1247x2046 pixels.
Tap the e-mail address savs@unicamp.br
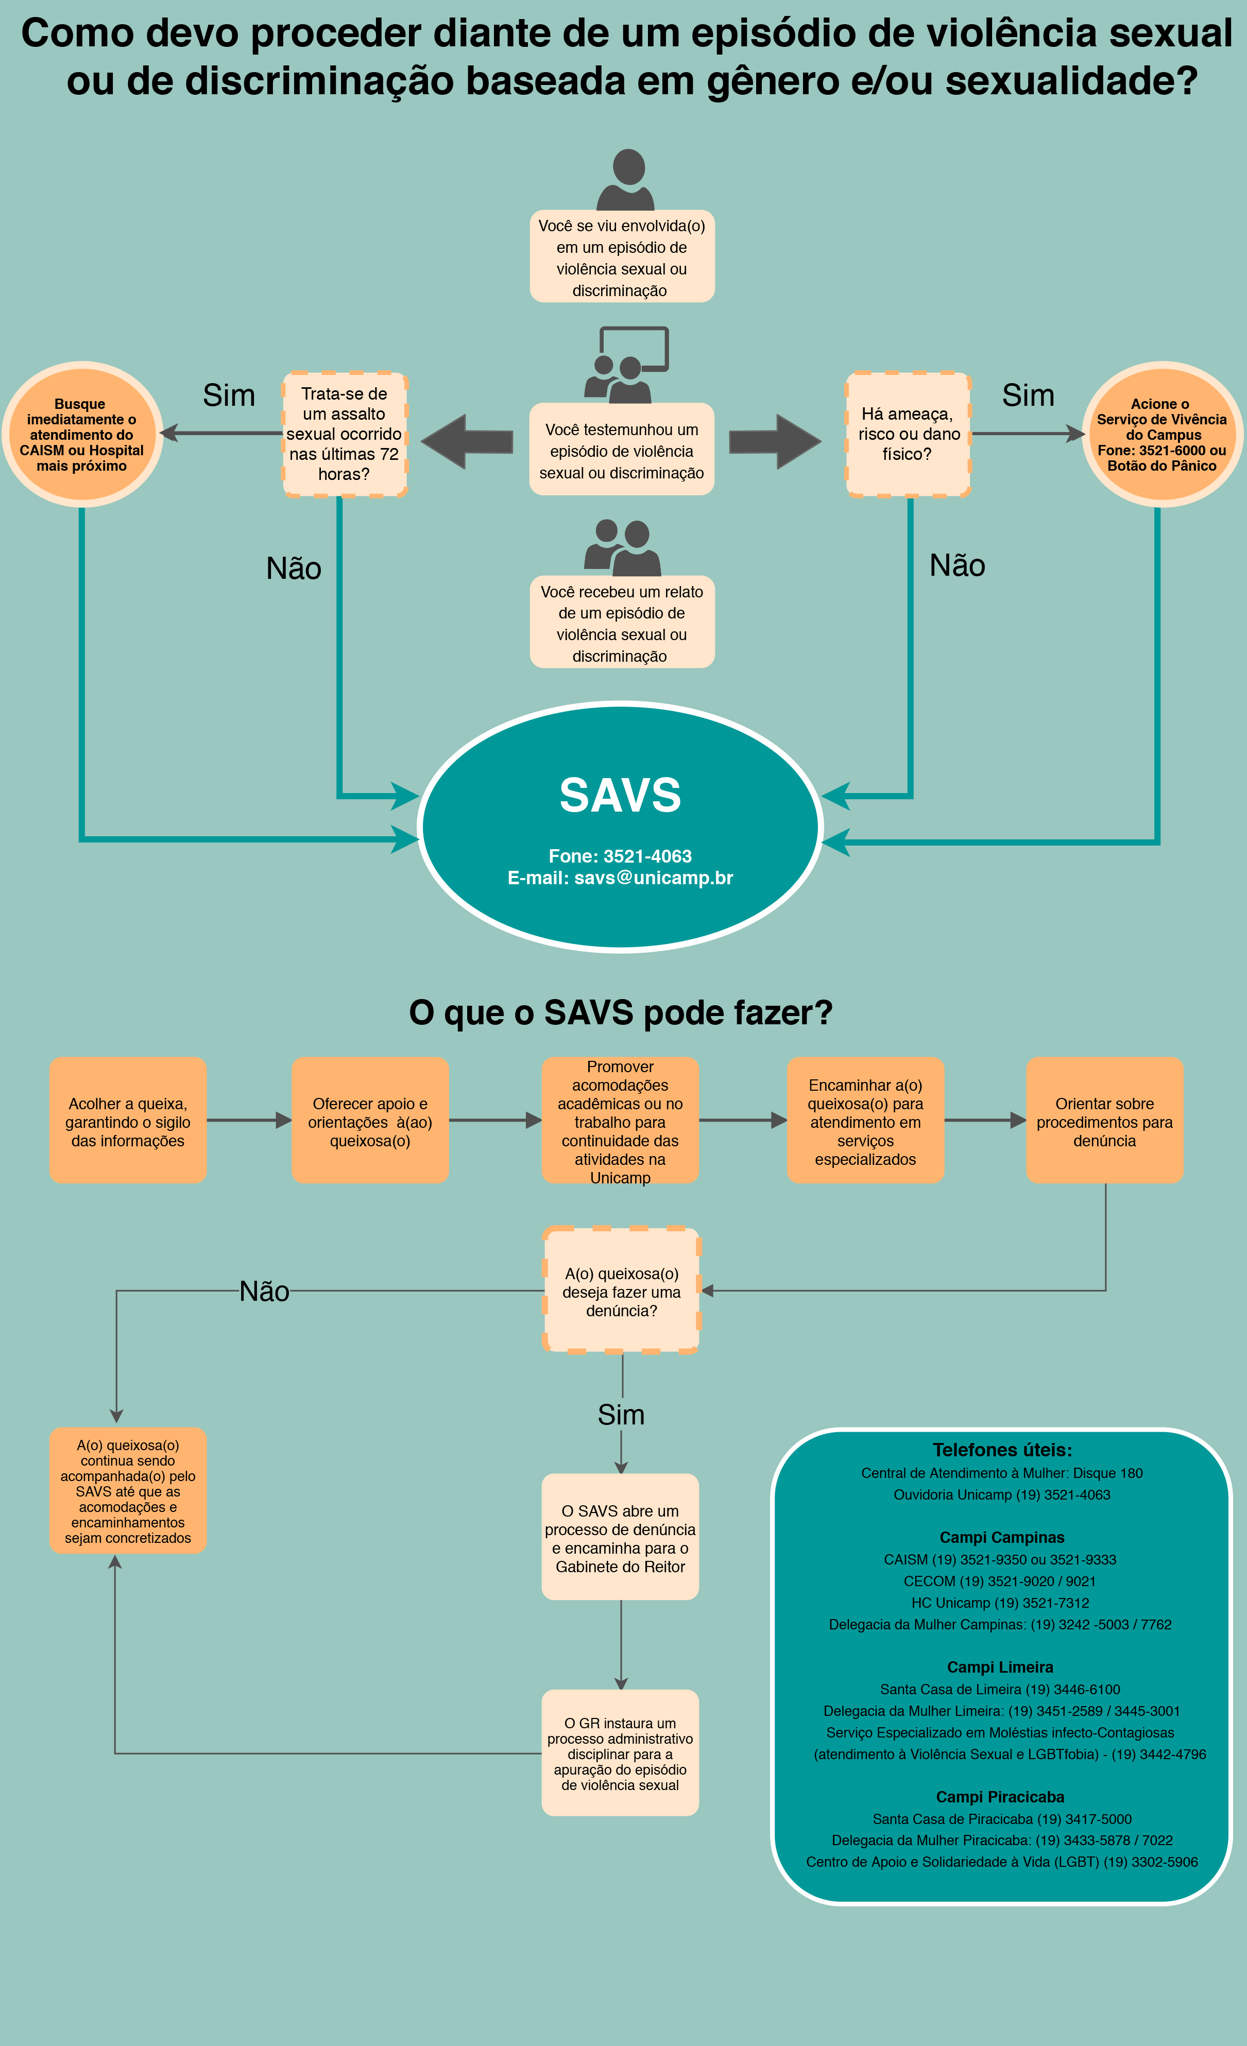(x=654, y=878)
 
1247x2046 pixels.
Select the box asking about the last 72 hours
(x=345, y=434)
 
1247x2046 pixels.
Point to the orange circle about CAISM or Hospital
(x=82, y=434)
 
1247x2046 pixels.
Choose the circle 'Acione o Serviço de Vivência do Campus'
(x=1162, y=434)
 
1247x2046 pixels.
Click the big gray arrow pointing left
(x=467, y=442)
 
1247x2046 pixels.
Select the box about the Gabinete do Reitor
(x=621, y=1538)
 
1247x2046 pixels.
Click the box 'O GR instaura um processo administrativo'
(x=621, y=1753)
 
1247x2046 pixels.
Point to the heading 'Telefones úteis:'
(x=1002, y=1450)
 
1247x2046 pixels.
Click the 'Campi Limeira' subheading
(x=1000, y=1667)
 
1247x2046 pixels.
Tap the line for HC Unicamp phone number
(x=1000, y=1603)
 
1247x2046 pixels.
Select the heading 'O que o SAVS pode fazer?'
(x=621, y=1012)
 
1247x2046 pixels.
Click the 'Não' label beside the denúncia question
(x=264, y=1291)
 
